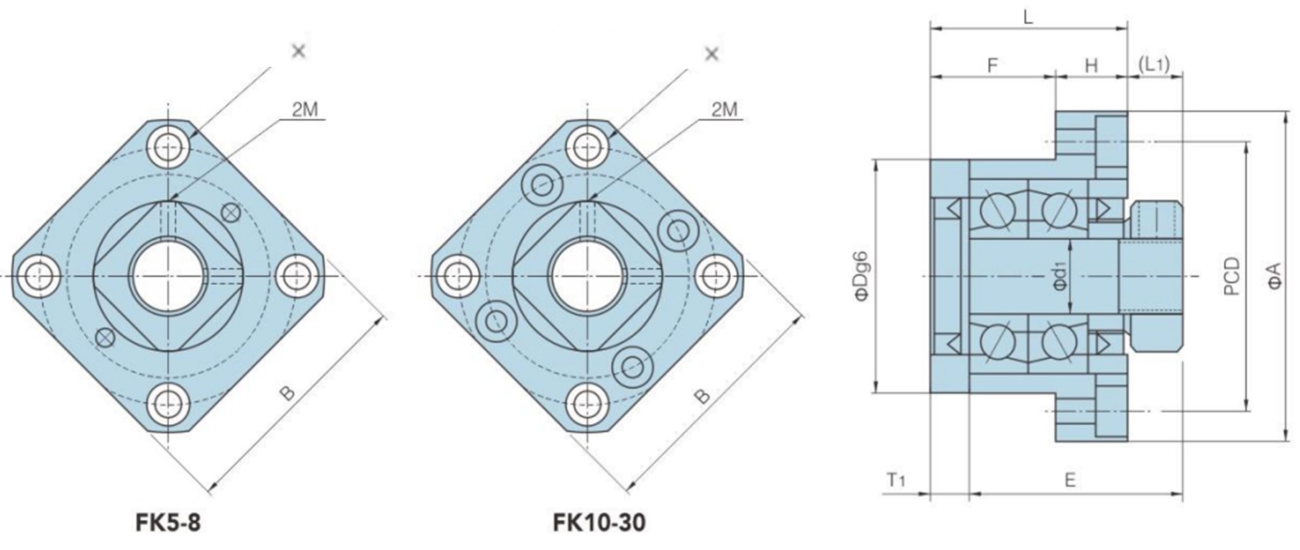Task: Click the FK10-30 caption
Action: (x=599, y=522)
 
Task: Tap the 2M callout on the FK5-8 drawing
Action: (x=305, y=110)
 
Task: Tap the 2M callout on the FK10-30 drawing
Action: (x=724, y=110)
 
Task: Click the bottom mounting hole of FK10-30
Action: (x=589, y=402)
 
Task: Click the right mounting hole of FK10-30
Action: (x=716, y=275)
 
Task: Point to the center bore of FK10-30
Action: (x=588, y=275)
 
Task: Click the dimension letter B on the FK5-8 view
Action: (x=287, y=393)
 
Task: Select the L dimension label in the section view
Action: (x=1028, y=18)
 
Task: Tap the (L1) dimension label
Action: (x=1154, y=65)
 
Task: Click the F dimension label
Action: (x=992, y=66)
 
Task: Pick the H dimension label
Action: (x=1091, y=66)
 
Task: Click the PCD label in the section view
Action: (x=1232, y=277)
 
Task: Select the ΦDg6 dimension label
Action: (x=862, y=277)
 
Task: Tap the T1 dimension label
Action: (x=895, y=480)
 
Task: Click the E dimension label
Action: (x=1070, y=480)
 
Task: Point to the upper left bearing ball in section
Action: (x=997, y=211)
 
